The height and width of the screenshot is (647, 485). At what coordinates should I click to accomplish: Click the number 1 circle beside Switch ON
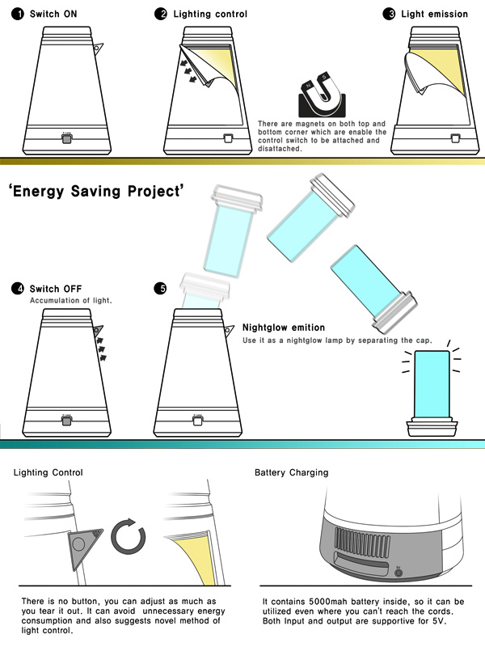pos(17,14)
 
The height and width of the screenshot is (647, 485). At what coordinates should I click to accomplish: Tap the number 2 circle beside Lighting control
pos(161,14)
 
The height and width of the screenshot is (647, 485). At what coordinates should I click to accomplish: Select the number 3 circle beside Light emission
pos(389,14)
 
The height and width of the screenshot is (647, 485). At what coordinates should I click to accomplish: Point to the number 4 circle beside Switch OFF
pos(18,289)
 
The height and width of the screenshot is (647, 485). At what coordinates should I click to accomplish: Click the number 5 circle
pos(160,289)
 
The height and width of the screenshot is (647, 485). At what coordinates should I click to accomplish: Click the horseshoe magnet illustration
pos(322,94)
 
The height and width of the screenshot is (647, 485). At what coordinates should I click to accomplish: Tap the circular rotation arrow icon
pos(129,536)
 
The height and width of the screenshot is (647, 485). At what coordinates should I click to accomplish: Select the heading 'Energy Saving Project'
pos(96,192)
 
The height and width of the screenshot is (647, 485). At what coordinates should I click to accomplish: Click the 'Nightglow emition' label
pos(284,328)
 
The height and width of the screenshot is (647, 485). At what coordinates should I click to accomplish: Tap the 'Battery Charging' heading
pos(292,472)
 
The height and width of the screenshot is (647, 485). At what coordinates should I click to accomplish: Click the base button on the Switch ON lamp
pos(66,138)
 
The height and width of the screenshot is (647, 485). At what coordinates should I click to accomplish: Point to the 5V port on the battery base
pos(399,573)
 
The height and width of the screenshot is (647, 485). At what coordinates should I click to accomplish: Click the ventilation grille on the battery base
pos(362,542)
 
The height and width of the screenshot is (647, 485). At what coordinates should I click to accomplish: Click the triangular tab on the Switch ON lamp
pos(98,49)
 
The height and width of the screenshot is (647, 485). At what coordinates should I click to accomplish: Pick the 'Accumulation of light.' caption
pos(71,300)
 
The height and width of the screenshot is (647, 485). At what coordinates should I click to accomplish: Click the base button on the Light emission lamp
pos(455,138)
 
